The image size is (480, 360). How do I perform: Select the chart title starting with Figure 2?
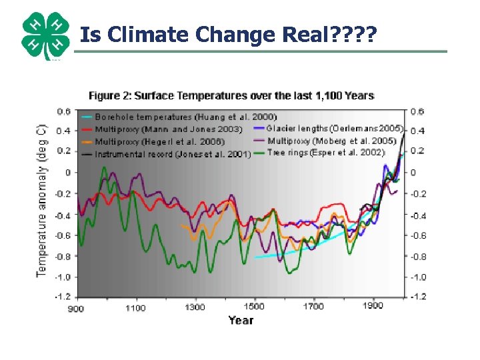point(231,95)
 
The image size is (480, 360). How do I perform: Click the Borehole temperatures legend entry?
point(185,117)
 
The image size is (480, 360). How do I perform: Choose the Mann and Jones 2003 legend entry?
point(168,129)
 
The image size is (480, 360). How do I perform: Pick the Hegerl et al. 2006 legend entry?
point(159,141)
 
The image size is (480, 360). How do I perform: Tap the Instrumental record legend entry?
point(172,154)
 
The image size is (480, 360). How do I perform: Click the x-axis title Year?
point(241,321)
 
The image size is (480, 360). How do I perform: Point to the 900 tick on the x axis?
point(76,307)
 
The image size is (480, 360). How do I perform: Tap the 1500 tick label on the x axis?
point(254,307)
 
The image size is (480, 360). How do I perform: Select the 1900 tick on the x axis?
point(373,306)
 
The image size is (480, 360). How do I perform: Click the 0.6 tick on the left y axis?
point(64,111)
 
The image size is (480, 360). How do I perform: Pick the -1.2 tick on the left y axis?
point(63,297)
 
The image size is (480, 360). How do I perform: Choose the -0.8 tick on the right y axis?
point(419,257)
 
